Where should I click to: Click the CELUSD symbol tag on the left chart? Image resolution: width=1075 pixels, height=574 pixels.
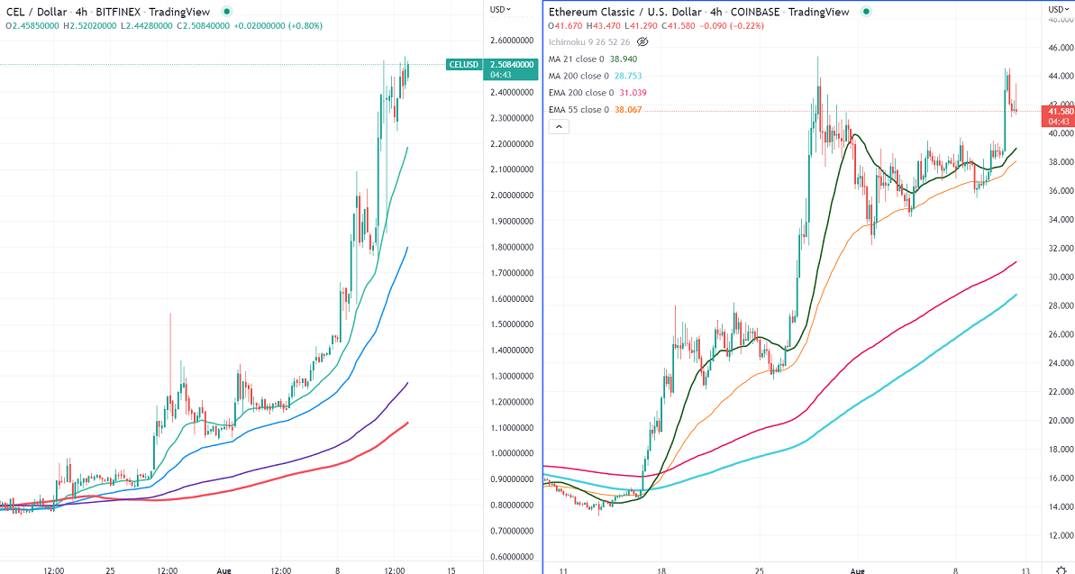coord(463,64)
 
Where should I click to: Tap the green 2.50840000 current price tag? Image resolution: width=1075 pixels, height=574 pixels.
coord(511,64)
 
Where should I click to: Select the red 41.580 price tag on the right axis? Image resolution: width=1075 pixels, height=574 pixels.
coord(1058,111)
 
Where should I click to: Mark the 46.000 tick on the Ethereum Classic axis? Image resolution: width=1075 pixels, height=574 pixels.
coord(1059,47)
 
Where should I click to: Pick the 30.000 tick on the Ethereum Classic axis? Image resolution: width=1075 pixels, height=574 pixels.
coord(1059,277)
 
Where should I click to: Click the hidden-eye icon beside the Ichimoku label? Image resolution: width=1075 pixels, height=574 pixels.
coord(642,41)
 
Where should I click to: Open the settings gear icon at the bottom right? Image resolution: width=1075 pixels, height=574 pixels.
coord(1060,569)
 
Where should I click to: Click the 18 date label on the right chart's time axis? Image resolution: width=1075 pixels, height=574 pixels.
coord(660,569)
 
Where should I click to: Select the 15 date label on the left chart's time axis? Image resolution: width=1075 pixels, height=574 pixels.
coord(451,569)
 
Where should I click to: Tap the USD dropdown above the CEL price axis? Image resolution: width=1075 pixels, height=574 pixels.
coord(500,9)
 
